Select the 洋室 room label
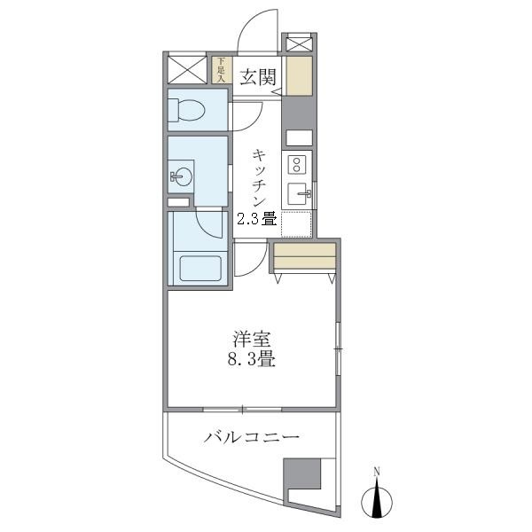coord(252,340)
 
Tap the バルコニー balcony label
coord(251,437)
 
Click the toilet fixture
coord(187,111)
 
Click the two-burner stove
coord(298,164)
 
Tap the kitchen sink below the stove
coord(299,192)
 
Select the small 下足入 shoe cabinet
coord(220,69)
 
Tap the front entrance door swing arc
coord(257,35)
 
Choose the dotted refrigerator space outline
coord(299,225)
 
